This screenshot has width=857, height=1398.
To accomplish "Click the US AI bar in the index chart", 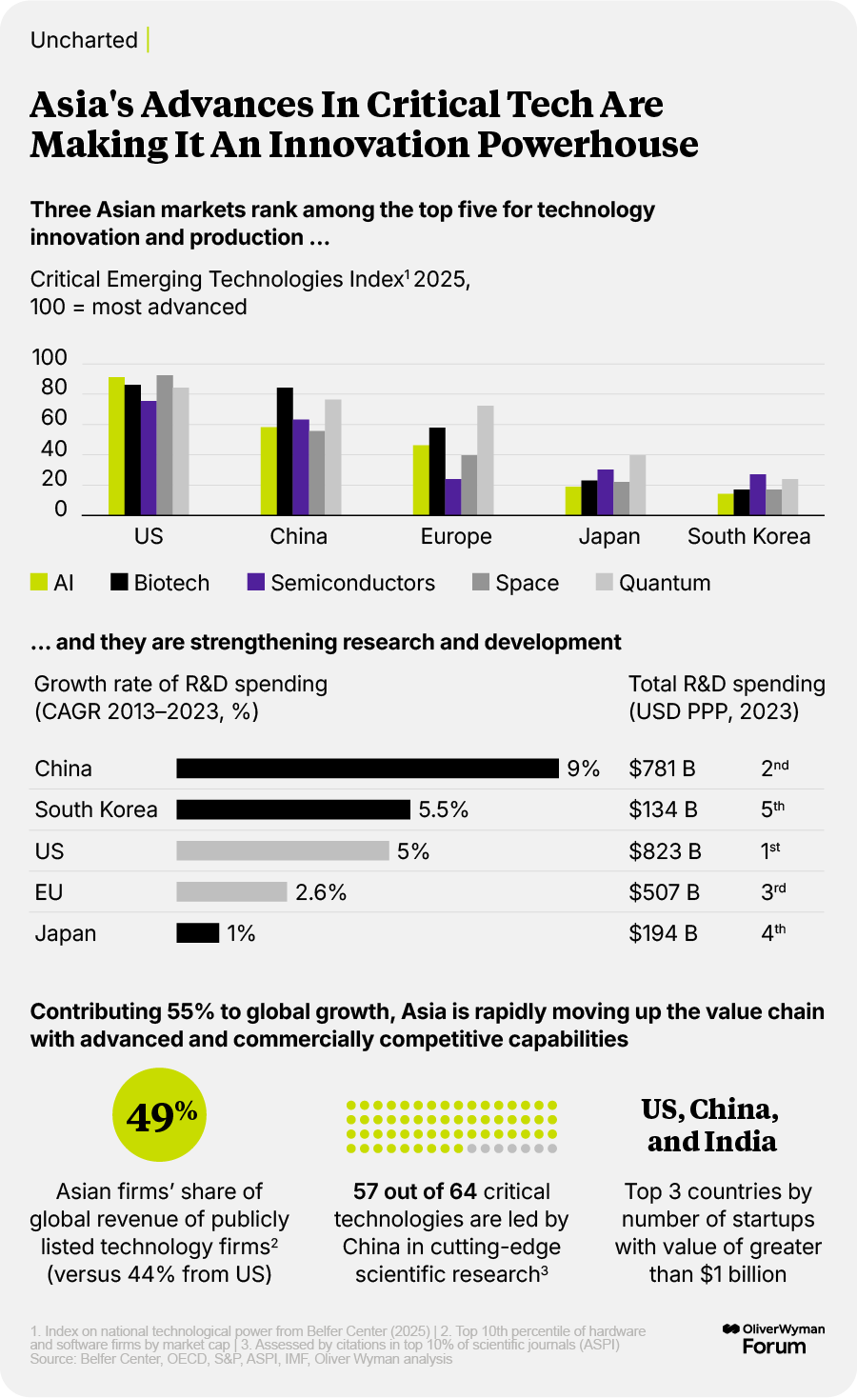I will point(116,446).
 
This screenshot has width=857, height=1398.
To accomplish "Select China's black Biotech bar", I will point(285,451).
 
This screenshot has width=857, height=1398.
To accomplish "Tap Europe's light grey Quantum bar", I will point(486,460).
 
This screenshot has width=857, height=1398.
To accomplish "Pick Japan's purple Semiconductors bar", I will point(606,492).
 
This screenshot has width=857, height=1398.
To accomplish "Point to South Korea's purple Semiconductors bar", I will point(757,494).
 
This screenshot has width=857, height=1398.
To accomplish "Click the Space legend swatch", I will point(481,582).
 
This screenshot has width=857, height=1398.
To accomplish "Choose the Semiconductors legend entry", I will point(352,583).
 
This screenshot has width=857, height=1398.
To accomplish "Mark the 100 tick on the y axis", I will point(50,358).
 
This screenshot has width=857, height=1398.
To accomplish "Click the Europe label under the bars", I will point(456,536).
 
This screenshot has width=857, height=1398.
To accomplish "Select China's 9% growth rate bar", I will point(368,769).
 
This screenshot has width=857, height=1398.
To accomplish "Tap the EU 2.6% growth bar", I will point(231,891).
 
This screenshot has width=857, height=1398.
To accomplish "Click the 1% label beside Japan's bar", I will point(242,933).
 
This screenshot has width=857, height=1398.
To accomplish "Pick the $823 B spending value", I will point(665,851).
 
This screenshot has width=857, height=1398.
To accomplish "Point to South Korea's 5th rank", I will point(772,809).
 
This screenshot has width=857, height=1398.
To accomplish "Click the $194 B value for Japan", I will point(663,933).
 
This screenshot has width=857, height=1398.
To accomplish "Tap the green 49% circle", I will point(160,1115).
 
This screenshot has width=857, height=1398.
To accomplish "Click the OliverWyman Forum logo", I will point(773,1338).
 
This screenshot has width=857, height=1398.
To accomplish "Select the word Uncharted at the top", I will point(84,40).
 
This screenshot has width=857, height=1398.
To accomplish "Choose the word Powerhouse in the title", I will point(588,145).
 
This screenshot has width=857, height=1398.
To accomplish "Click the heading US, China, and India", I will point(711,1125).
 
